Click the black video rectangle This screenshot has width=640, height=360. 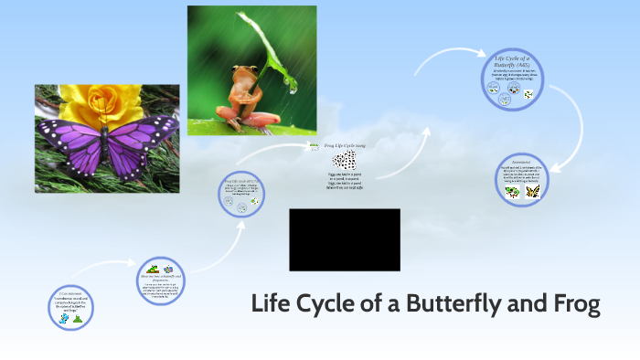coord(344,239)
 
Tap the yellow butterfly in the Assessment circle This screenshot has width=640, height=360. coord(533,192)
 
